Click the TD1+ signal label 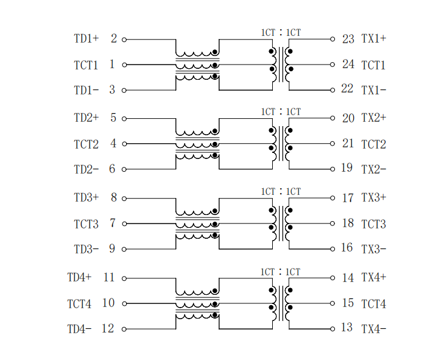tap(86, 38)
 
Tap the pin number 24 tap(348, 64)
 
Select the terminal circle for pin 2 tap(124, 40)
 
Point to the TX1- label tap(374, 90)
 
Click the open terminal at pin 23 tap(333, 39)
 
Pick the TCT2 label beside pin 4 tap(86, 144)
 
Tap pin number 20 tap(348, 118)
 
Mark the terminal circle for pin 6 tap(124, 169)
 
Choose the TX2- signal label tap(374, 169)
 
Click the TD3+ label tap(86, 197)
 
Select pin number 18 tap(348, 223)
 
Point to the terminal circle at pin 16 tap(333, 249)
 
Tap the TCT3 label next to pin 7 tap(86, 224)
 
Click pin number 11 tap(109, 277)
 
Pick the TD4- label tap(79, 329)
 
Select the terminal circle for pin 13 tap(333, 329)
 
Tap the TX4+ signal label tap(374, 277)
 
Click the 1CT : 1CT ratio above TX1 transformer tap(281, 33)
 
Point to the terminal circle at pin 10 tap(124, 303)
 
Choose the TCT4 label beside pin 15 tap(374, 304)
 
